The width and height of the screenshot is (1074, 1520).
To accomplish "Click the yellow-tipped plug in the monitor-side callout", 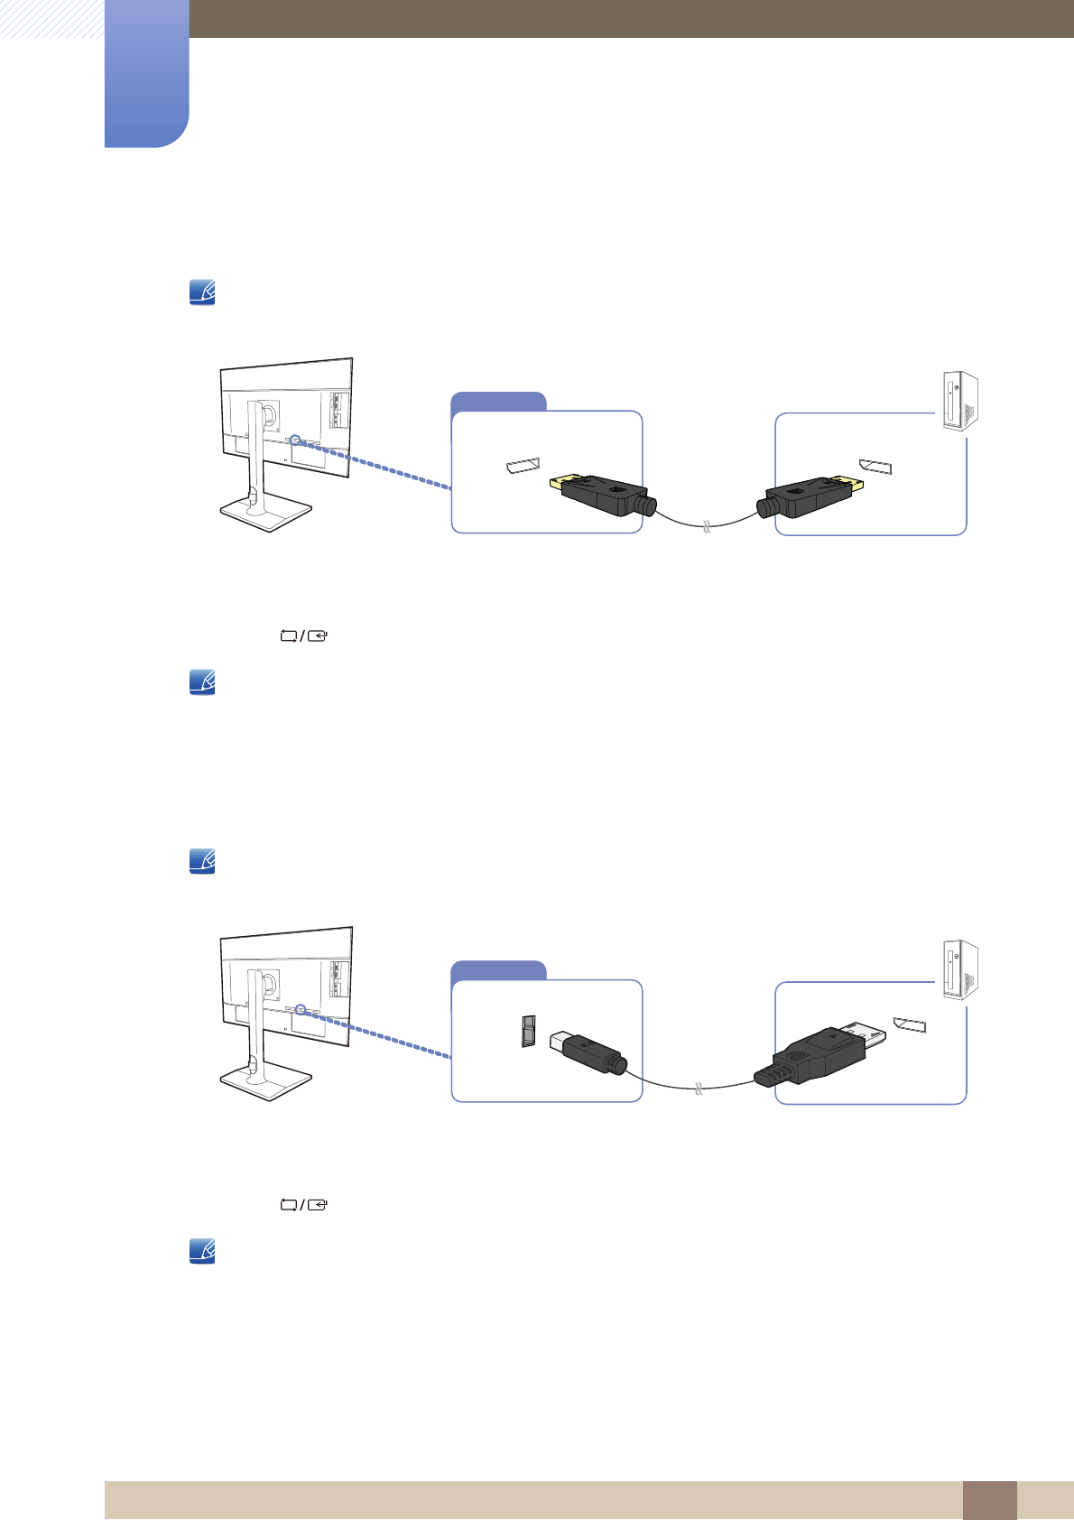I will (600, 496).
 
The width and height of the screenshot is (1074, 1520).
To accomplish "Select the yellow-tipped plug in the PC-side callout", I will (809, 497).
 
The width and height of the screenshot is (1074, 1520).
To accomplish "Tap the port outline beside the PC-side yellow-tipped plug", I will (875, 467).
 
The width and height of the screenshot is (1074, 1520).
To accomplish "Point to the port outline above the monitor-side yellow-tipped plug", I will (523, 467).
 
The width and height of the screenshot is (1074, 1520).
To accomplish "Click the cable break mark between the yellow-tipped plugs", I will (707, 526).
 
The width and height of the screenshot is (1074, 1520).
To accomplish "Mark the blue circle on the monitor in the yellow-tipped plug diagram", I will (294, 440).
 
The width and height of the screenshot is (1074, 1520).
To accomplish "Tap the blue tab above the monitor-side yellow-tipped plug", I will (498, 402).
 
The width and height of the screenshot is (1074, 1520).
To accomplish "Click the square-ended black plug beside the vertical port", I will (585, 1053).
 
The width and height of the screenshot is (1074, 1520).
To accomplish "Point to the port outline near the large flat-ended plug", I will (910, 1025).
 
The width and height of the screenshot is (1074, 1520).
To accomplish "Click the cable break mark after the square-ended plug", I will (698, 1090).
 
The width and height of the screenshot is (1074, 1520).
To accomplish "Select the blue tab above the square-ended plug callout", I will (498, 970).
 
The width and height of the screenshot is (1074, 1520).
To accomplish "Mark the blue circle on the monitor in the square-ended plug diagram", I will (301, 1010).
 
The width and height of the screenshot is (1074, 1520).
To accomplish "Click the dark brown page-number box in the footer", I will (989, 1500).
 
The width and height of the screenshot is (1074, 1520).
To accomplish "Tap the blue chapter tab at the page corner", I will (146, 72).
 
